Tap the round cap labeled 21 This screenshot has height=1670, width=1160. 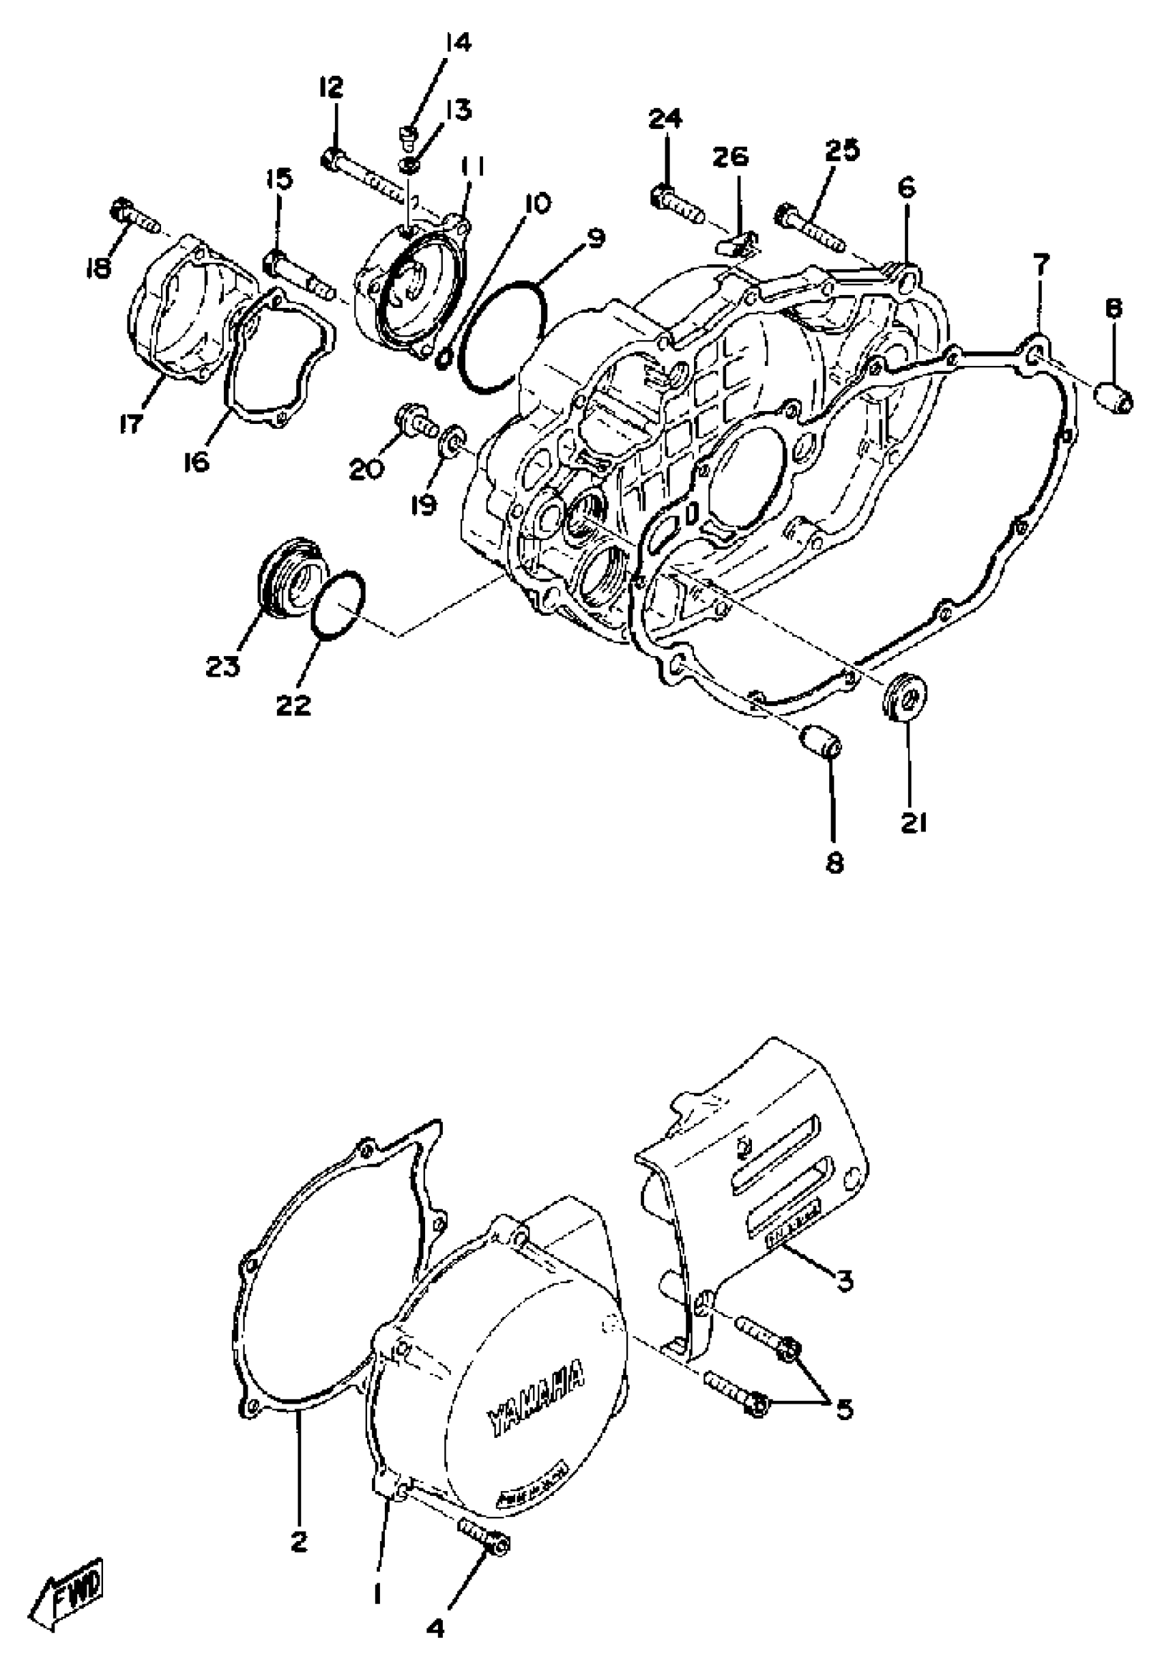(903, 698)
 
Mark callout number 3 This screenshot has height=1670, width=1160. (843, 1281)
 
